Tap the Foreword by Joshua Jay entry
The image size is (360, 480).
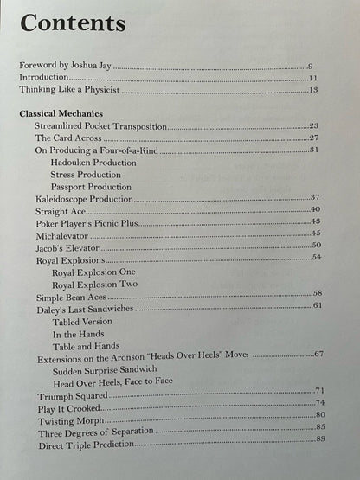coord(65,66)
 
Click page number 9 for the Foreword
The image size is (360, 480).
coord(311,66)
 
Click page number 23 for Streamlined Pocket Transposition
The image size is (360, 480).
coord(314,126)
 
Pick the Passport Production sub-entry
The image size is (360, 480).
coord(92,186)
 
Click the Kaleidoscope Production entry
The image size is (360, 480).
coord(84,199)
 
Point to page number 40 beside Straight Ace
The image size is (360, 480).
coord(316,209)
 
